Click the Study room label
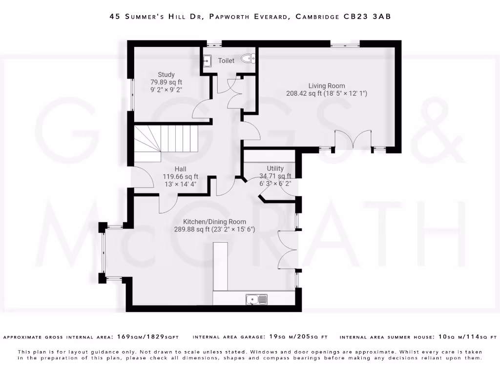click(x=166, y=75)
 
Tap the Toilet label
click(x=226, y=61)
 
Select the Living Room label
click(x=327, y=86)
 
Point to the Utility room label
click(x=275, y=168)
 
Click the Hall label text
click(x=181, y=169)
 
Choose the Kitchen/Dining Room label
click(x=215, y=222)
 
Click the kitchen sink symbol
click(x=256, y=299)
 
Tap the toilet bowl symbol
click(x=248, y=59)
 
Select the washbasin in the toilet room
click(x=207, y=61)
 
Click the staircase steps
click(x=166, y=144)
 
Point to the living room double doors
click(x=353, y=139)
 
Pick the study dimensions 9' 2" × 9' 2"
click(x=166, y=90)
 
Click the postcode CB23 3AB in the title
click(x=367, y=16)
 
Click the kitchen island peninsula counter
click(x=220, y=266)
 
